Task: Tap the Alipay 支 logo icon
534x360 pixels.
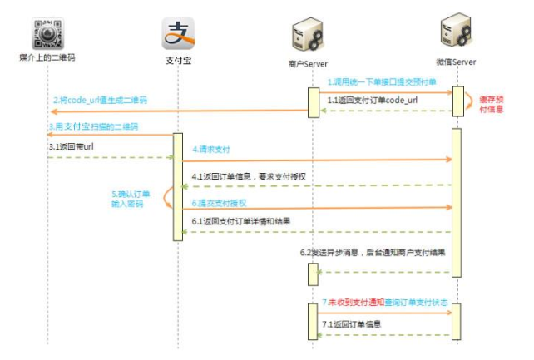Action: click(177, 34)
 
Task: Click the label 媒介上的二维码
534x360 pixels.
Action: click(47, 59)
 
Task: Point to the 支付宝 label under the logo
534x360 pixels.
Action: click(177, 59)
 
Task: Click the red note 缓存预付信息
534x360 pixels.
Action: click(492, 104)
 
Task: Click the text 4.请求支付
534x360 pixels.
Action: click(211, 150)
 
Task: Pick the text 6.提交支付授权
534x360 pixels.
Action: click(220, 203)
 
